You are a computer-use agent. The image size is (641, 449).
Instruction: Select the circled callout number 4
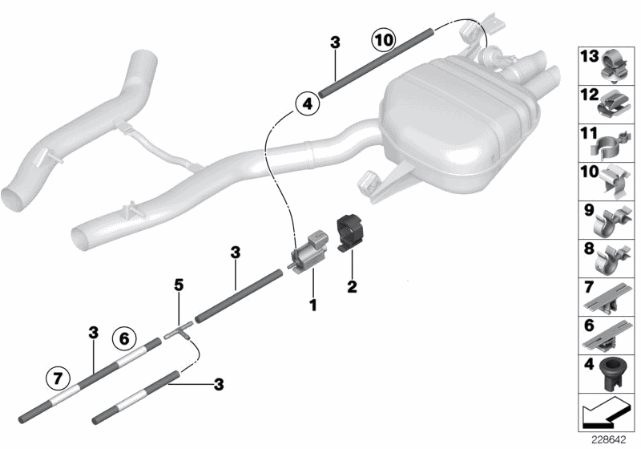pos(305,103)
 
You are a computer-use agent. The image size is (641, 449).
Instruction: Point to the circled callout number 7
pos(57,374)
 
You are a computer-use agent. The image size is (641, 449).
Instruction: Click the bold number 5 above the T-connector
pos(179,284)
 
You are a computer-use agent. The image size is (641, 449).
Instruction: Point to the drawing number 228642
pos(609,440)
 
